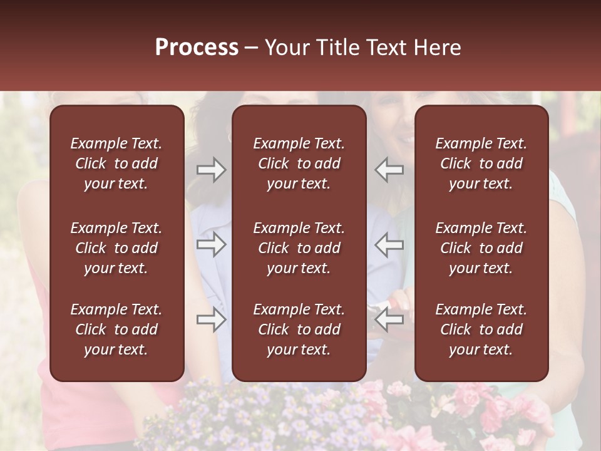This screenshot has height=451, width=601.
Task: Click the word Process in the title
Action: [x=197, y=48]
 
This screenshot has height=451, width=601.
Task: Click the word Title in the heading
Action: [x=336, y=48]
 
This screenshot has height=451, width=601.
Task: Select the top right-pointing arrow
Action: [x=212, y=170]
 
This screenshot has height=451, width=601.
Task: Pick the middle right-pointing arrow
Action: [x=212, y=244]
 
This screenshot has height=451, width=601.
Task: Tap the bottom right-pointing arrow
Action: [x=212, y=319]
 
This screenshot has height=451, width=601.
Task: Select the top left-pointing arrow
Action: [x=389, y=170]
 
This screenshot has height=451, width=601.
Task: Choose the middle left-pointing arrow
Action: [x=389, y=244]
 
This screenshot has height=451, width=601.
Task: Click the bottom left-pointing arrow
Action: [x=389, y=319]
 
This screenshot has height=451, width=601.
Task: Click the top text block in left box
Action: [x=116, y=163]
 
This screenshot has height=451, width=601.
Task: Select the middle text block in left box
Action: [x=116, y=248]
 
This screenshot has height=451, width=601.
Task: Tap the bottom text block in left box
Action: [x=116, y=329]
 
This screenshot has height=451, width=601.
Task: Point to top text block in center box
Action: [x=299, y=163]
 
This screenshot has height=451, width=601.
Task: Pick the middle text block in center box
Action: [x=299, y=248]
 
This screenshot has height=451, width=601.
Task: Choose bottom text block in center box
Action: [x=299, y=329]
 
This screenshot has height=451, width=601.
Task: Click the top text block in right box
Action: [x=481, y=163]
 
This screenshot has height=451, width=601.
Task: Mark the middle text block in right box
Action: [x=481, y=248]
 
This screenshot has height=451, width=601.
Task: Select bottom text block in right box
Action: [x=481, y=329]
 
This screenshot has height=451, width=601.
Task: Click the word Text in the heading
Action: [x=386, y=48]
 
